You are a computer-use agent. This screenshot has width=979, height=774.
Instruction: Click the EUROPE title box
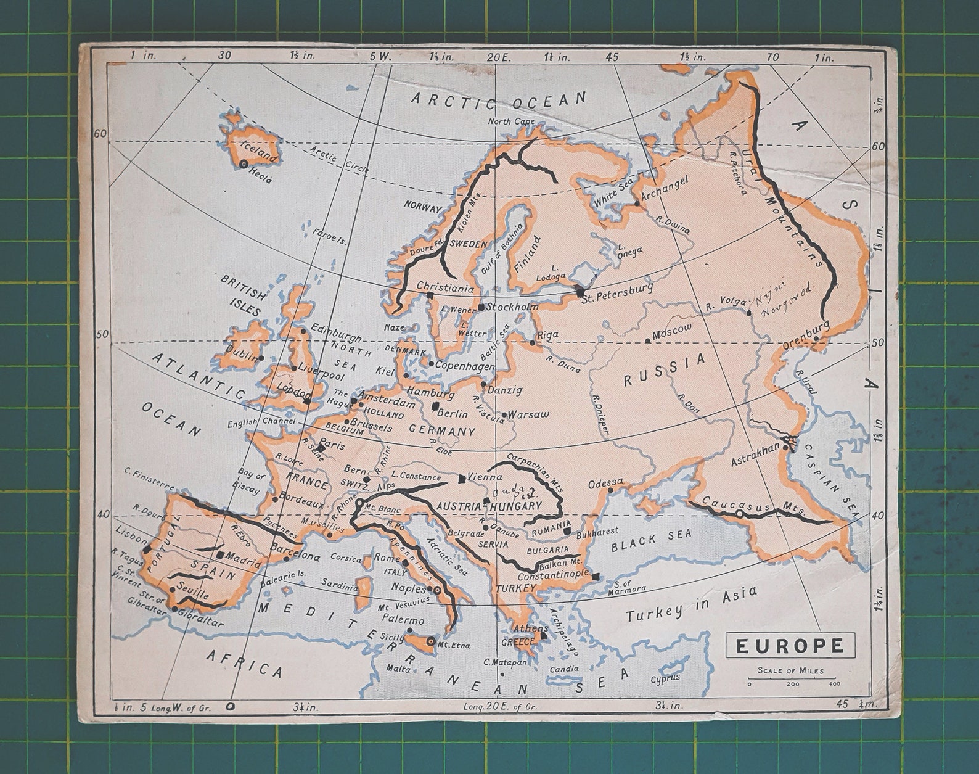click(x=790, y=646)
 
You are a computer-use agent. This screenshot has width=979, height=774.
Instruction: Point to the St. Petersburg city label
click(x=619, y=288)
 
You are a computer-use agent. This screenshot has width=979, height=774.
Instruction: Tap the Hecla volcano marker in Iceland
click(x=244, y=164)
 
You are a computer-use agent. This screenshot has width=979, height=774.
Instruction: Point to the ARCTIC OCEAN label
click(x=499, y=100)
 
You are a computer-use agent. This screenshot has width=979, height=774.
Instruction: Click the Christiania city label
click(x=444, y=287)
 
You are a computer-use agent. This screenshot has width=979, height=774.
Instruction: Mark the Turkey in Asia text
click(x=690, y=605)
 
